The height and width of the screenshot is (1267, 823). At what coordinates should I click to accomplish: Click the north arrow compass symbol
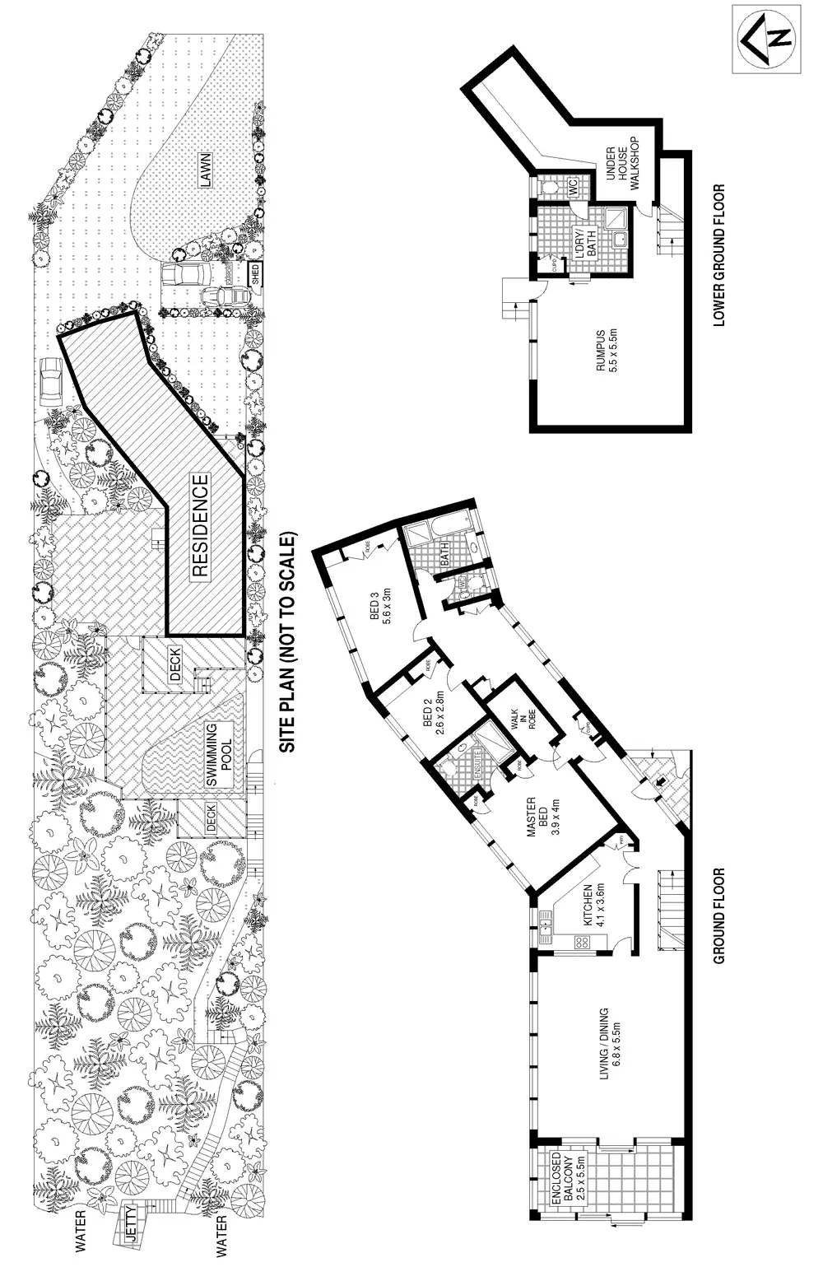pos(766,38)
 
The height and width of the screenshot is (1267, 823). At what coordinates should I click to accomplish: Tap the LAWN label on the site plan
pos(205,170)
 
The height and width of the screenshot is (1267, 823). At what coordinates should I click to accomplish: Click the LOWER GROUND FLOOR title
pos(718,255)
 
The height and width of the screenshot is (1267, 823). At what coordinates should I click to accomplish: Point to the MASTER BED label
pos(542,816)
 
